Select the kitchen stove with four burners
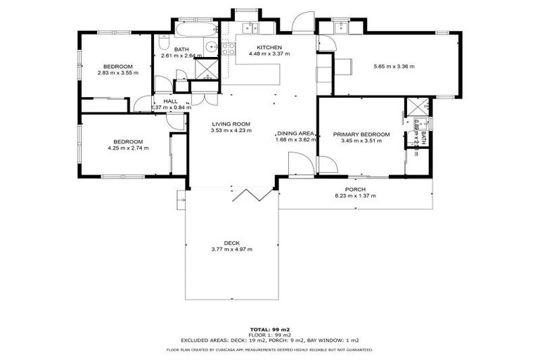point(228,49)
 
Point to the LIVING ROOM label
point(231,124)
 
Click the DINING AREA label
point(295,133)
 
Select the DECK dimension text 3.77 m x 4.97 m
point(231,250)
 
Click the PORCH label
point(354,188)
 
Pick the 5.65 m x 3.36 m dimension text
point(393,67)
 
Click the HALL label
point(170,101)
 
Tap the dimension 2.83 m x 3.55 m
point(118,72)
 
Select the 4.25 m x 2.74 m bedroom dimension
point(128,148)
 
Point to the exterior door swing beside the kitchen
point(302,24)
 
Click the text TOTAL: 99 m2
point(270,329)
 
